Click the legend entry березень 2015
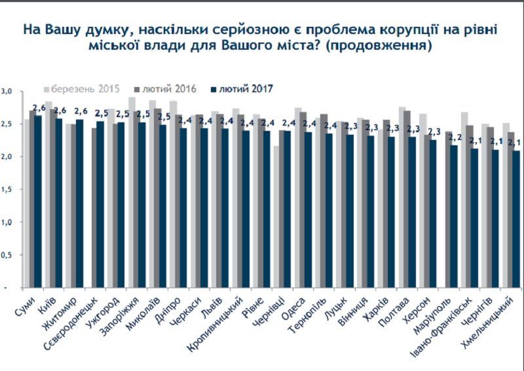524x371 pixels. click(82, 88)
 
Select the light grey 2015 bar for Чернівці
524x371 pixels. click(276, 217)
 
